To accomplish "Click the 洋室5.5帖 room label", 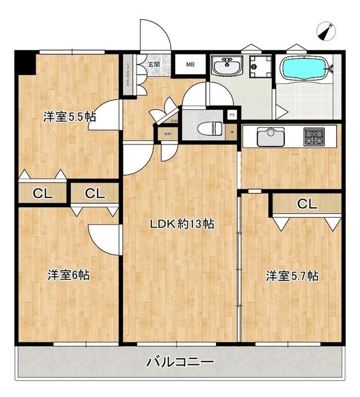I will (68, 116).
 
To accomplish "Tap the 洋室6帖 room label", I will (68, 274).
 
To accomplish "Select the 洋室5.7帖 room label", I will (292, 275).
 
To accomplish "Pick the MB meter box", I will (190, 65).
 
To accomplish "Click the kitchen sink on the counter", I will (271, 136).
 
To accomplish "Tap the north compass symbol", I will (326, 30).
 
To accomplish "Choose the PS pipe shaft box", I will (232, 115).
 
